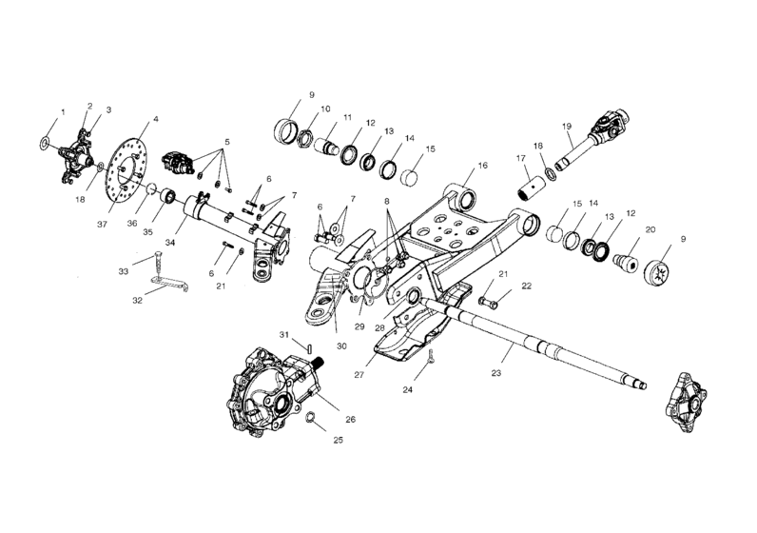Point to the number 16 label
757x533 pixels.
482,166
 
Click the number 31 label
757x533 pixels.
283,333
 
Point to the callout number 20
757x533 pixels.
650,229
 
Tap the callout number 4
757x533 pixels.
156,120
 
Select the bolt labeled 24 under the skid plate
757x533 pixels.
430,357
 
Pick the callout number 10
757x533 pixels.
325,109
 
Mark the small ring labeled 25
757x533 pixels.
311,416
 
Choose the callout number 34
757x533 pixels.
170,242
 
